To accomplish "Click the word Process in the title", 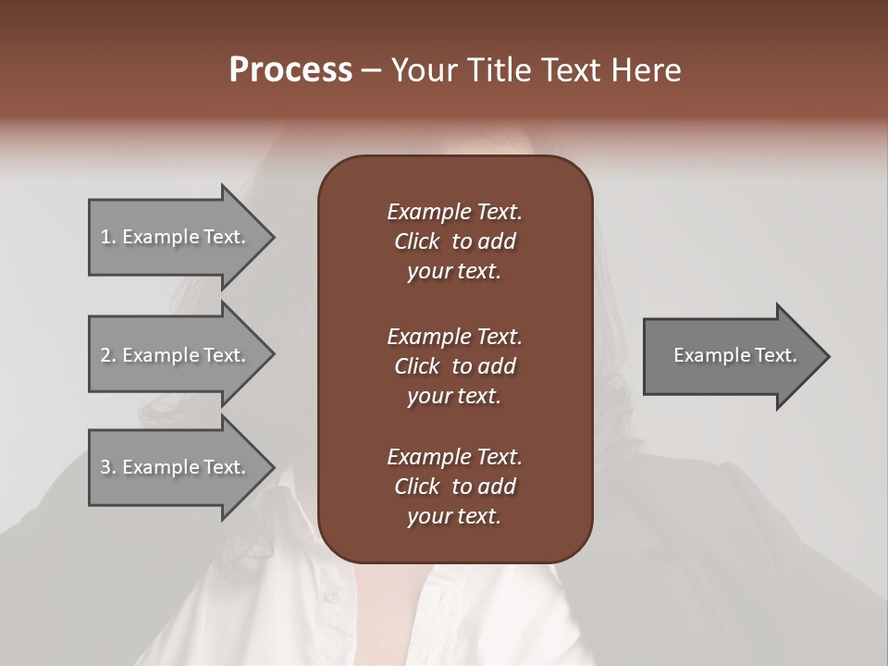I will [x=290, y=70].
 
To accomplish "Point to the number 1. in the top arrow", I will [x=108, y=237].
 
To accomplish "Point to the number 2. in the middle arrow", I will [x=108, y=355].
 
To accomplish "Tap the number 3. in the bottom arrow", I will [x=108, y=467].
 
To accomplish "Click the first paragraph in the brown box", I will [x=454, y=241].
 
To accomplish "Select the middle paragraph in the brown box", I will [x=454, y=366].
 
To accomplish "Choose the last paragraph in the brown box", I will [x=454, y=487].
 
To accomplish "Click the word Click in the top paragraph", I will [x=417, y=241].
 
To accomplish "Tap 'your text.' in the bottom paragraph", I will [x=454, y=517].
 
